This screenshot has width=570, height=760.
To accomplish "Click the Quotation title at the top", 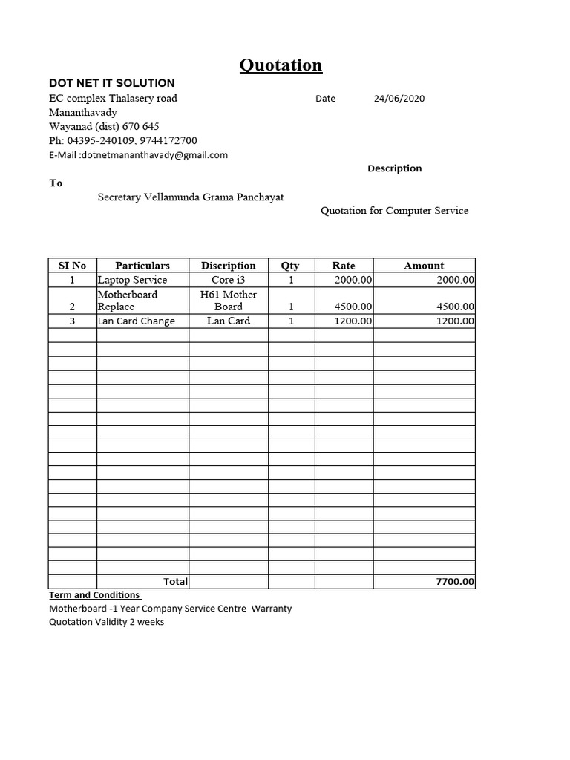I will click(281, 65).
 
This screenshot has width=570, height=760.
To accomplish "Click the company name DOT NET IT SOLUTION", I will click(111, 83).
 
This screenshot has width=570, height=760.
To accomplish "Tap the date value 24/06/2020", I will click(399, 99).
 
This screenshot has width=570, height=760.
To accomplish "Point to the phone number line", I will click(123, 140).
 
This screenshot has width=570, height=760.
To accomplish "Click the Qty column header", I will click(290, 266).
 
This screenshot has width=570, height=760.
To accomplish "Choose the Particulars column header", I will click(142, 266).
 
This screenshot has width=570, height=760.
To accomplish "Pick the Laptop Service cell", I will click(132, 280).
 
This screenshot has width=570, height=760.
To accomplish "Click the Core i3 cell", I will click(228, 280).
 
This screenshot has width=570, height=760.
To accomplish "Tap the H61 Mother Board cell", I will click(229, 301).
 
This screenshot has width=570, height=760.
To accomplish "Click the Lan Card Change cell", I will click(137, 321).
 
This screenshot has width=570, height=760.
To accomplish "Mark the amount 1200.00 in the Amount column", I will click(455, 321).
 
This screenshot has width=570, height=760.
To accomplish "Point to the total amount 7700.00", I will click(455, 582).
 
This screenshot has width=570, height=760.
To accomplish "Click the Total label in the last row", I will click(175, 582).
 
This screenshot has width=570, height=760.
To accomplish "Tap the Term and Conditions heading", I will click(94, 595).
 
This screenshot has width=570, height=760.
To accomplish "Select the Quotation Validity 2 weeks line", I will click(107, 622).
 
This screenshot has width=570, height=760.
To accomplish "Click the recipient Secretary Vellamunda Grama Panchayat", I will click(191, 197).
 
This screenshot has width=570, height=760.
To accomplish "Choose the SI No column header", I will click(72, 266).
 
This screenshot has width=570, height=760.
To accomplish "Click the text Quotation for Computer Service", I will click(394, 211).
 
